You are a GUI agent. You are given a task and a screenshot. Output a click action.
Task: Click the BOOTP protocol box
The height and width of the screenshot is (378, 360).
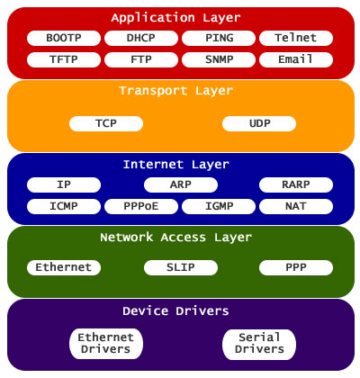[x=64, y=38]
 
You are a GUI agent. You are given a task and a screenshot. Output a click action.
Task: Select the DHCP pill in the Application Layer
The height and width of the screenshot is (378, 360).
[x=141, y=38]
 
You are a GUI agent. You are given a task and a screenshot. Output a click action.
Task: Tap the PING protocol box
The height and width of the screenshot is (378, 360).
[x=219, y=38]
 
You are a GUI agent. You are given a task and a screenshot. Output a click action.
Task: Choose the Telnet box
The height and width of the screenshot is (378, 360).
[x=296, y=38]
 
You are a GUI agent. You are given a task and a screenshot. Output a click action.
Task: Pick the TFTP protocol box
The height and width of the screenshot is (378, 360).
[x=64, y=59]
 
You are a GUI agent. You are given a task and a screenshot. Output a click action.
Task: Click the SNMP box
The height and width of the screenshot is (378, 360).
[x=219, y=59]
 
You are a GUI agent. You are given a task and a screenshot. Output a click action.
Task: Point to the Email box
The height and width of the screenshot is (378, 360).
[x=296, y=59]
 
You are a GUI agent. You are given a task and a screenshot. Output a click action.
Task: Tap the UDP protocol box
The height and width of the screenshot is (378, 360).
[x=258, y=122]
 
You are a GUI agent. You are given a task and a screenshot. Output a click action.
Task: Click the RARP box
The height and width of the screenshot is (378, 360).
[x=296, y=184]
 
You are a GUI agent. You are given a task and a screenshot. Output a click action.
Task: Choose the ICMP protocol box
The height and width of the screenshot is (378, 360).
[x=64, y=206]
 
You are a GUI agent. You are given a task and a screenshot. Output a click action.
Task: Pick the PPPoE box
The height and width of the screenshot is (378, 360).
[x=141, y=206]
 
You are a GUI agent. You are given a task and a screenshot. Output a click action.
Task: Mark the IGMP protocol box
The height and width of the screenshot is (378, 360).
[x=219, y=206]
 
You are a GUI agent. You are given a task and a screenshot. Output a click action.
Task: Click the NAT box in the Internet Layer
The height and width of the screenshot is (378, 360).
[x=296, y=206]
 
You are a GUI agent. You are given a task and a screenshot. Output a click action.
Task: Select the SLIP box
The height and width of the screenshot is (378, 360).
[x=180, y=267]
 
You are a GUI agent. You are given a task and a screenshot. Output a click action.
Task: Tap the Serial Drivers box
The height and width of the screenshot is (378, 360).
[x=258, y=343]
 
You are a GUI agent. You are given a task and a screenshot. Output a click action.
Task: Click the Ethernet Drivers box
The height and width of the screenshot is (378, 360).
[x=106, y=343]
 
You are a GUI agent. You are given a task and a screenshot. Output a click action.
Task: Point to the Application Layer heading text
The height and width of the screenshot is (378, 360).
[x=180, y=17]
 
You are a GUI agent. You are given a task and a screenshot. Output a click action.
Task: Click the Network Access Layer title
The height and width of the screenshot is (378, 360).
[x=180, y=238]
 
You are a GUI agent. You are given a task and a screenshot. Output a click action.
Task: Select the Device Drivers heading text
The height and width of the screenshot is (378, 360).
[x=180, y=311]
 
